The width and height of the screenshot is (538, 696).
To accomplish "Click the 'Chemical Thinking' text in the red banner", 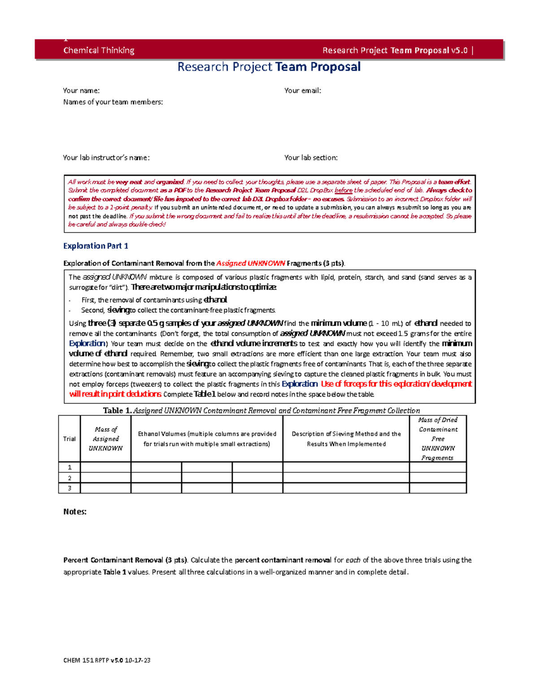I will [99, 50].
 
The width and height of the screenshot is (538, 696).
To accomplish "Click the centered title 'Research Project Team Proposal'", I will [269, 67].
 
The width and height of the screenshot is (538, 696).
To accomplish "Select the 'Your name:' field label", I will [81, 91].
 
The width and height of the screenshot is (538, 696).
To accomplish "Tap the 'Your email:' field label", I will [303, 91].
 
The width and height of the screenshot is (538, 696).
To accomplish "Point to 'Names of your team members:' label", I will [113, 102].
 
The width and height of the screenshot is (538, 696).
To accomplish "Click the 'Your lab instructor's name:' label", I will [106, 158].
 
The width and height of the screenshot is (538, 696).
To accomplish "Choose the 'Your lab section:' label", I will [311, 158].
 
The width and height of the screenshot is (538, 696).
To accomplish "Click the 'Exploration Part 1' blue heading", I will [95, 246].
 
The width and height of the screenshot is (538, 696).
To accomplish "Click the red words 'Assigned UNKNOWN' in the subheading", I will [251, 264].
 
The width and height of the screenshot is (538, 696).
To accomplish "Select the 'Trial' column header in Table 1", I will [69, 439].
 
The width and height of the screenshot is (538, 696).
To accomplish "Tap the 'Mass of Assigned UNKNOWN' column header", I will [105, 439].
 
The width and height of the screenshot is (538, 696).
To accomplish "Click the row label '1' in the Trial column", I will [69, 467].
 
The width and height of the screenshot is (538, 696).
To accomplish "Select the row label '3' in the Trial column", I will [69, 488].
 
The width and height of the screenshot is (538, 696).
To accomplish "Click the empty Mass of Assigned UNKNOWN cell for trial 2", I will [105, 478].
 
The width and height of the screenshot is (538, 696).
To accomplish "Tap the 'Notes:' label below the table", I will [75, 512].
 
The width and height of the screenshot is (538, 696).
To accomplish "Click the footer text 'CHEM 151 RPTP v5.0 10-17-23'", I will [107, 660].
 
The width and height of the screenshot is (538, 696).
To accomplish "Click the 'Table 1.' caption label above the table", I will [117, 411].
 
